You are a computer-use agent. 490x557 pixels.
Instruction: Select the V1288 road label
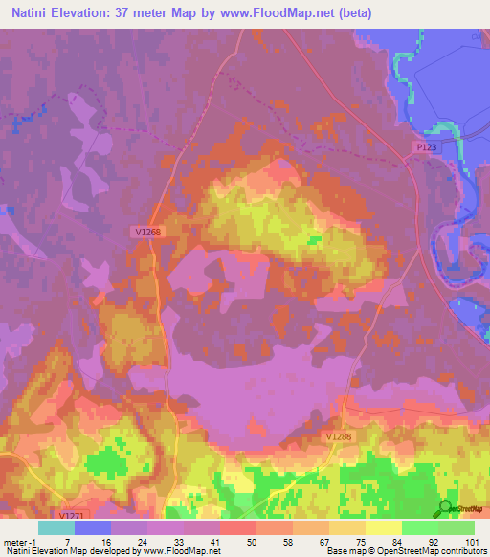pyautogui.click(x=339, y=435)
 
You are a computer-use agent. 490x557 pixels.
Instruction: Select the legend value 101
pyautogui.click(x=473, y=541)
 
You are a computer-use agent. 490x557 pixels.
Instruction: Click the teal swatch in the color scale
pyautogui.click(x=56, y=527)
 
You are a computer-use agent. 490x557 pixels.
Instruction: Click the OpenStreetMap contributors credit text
pyautogui.click(x=426, y=551)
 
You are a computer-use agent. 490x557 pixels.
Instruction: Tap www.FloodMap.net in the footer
pyautogui.click(x=179, y=551)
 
